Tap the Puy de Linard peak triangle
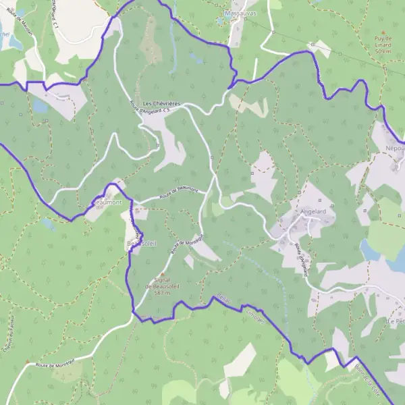[383, 32]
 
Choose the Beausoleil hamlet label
[141, 242]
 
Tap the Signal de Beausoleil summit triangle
[161, 274]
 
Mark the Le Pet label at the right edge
[396, 322]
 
